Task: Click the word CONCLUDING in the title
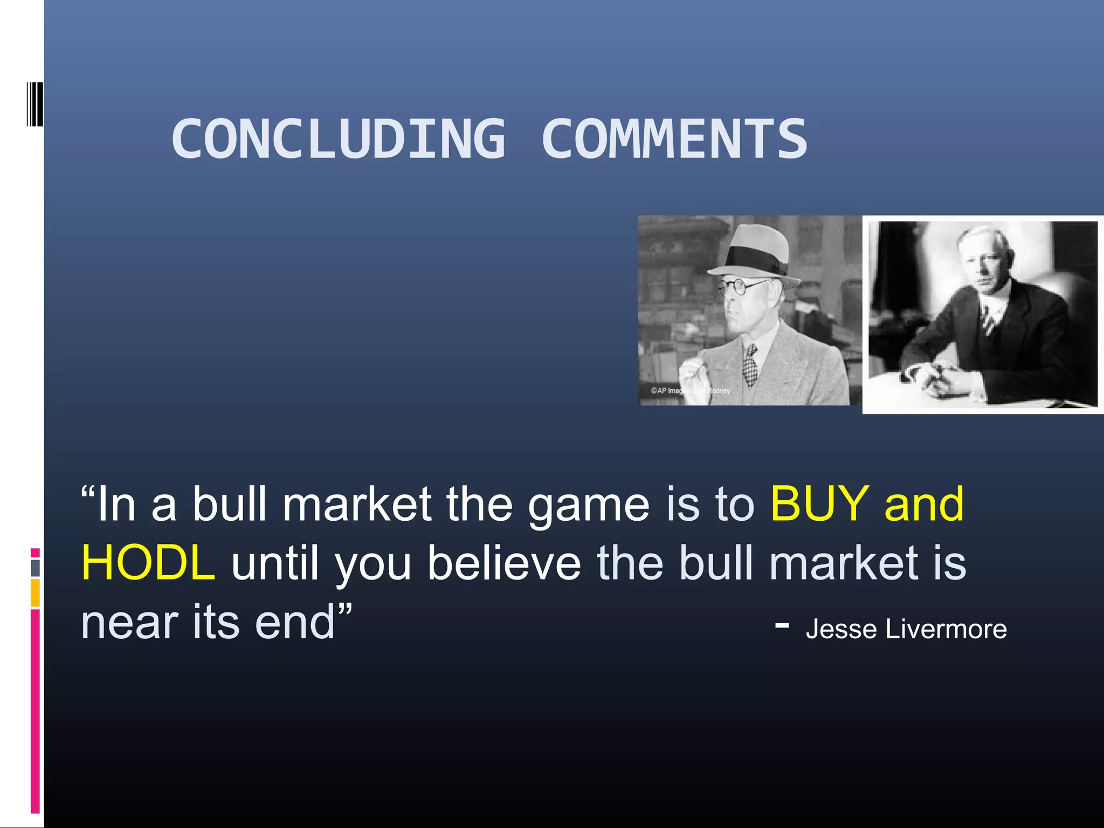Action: click(339, 139)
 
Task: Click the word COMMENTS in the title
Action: click(674, 139)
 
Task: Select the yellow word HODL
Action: click(148, 563)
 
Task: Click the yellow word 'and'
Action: click(924, 504)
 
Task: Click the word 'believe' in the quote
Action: click(504, 563)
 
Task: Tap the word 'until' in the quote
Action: click(275, 563)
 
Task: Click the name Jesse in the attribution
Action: click(841, 629)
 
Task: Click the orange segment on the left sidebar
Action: click(35, 592)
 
